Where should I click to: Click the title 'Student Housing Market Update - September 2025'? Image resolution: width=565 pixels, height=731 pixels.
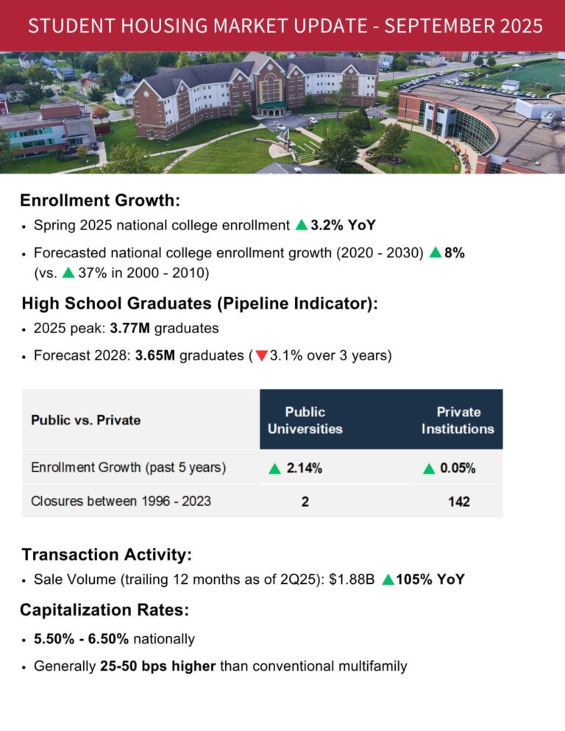coord(285,26)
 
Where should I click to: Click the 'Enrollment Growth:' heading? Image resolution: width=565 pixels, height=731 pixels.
coord(100,200)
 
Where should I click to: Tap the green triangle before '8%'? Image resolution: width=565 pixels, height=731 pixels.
coord(435,253)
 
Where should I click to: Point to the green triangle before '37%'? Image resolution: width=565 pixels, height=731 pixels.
coord(68,273)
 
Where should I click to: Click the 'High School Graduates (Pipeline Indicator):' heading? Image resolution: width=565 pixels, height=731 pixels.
coord(199,303)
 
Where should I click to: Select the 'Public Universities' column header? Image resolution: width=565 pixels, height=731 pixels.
coord(305,420)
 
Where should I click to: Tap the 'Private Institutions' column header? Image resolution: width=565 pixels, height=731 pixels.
coord(458,420)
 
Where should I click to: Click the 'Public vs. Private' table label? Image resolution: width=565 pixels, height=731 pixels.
coord(85,421)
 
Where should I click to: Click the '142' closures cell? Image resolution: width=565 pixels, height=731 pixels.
coord(458,502)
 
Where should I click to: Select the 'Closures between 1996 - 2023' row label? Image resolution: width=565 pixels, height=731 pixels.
coord(121,502)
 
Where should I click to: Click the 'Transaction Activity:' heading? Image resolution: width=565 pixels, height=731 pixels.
coord(107,555)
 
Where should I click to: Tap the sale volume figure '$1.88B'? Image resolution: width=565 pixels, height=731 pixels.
coord(349,580)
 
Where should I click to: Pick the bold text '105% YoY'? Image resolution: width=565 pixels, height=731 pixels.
coord(430,580)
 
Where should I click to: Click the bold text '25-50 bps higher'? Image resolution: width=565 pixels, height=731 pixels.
coord(157,666)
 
